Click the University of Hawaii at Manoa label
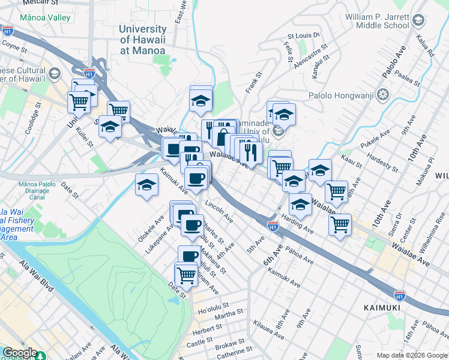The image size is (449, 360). (143, 40)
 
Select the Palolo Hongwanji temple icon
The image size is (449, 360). (384, 95)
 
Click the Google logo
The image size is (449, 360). (19, 353)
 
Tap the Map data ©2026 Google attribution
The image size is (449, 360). (412, 355)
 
